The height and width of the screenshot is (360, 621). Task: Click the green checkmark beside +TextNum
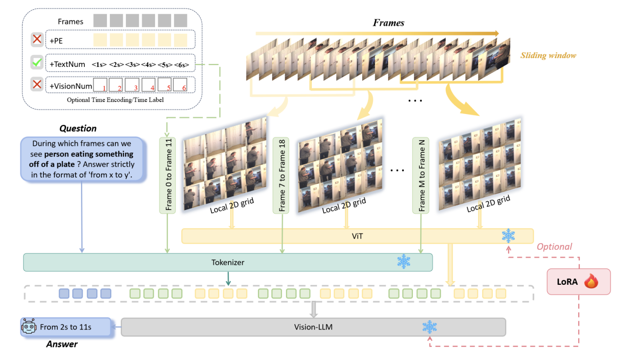coord(37,63)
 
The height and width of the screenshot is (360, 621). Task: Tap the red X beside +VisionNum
coord(37,85)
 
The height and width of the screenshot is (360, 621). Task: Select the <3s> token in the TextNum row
coord(132,65)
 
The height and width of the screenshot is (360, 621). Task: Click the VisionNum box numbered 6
coord(181,85)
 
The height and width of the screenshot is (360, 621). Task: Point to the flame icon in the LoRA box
coord(591,281)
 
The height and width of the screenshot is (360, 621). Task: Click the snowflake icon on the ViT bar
coord(508,236)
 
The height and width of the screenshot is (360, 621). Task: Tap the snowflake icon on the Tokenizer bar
coord(404,262)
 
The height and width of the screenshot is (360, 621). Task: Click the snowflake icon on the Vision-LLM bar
coord(429,327)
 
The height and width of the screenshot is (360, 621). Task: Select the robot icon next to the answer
coord(29,327)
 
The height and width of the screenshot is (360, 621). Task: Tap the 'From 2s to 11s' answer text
coord(66,327)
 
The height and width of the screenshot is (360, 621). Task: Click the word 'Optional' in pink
coord(554,246)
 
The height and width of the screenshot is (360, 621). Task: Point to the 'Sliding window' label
coord(548,55)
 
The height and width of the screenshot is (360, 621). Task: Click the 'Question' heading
coord(78,128)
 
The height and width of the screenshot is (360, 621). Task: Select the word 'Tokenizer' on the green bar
coord(227,262)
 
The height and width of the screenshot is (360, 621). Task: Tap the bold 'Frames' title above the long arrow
coord(388,23)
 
